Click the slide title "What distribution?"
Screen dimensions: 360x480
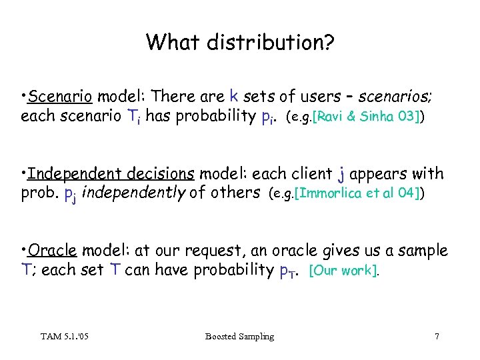pyautogui.click(x=240, y=43)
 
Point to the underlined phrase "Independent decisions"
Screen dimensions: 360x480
pyautogui.click(x=111, y=174)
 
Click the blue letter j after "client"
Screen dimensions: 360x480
pyautogui.click(x=341, y=175)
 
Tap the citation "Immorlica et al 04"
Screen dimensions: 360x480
pyautogui.click(x=358, y=194)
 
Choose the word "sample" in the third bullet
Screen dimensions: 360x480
pyautogui.click(x=423, y=251)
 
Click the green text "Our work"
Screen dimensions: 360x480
pyautogui.click(x=345, y=271)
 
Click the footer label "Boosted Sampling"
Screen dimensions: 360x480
pyautogui.click(x=239, y=337)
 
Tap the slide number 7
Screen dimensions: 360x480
pyautogui.click(x=437, y=337)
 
